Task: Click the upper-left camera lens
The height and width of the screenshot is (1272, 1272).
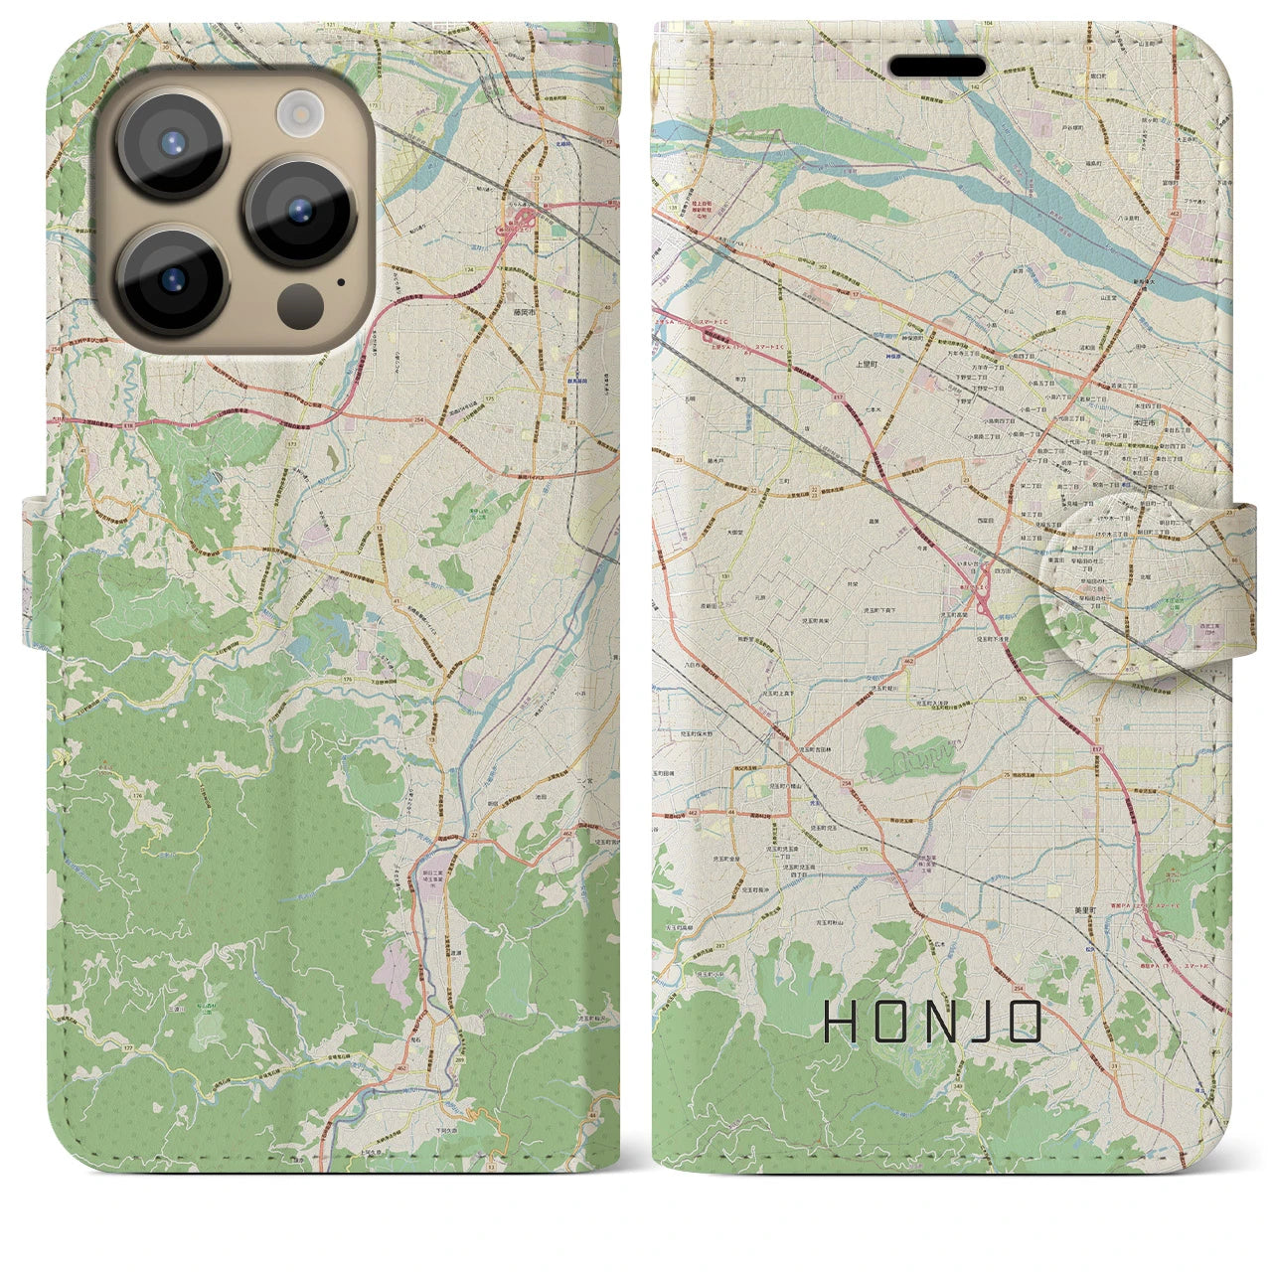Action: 173,142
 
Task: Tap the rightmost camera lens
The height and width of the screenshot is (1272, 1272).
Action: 299,210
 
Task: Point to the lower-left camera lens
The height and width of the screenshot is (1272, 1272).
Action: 173,281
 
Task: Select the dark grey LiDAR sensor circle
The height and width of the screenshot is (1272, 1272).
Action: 298,300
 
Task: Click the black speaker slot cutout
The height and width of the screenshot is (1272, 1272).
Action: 937,67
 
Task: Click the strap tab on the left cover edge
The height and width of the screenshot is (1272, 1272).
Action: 36,571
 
